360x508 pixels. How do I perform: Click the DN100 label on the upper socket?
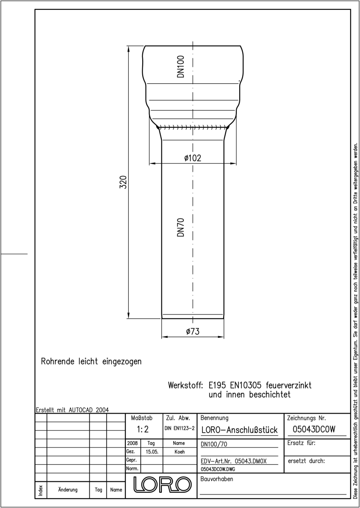[180, 67]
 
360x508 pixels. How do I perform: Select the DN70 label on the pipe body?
[180, 227]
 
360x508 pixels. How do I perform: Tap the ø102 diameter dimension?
[193, 158]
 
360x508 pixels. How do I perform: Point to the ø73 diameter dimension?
[193, 331]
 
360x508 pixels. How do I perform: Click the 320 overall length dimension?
[123, 182]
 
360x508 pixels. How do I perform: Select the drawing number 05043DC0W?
[314, 429]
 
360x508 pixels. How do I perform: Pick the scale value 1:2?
[143, 429]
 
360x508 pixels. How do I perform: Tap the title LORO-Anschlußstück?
[239, 430]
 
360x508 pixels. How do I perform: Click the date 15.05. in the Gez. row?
[152, 452]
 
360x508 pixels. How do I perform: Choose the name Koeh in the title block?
[180, 452]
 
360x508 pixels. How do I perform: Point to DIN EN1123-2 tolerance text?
[180, 428]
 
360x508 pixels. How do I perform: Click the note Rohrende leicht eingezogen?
[91, 361]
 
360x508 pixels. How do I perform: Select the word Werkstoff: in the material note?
[186, 385]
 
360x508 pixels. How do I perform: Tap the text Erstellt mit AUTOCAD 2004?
[72, 410]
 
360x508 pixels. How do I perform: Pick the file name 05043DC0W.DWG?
[218, 469]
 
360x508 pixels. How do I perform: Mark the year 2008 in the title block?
[132, 443]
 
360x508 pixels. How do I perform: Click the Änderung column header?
[68, 490]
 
